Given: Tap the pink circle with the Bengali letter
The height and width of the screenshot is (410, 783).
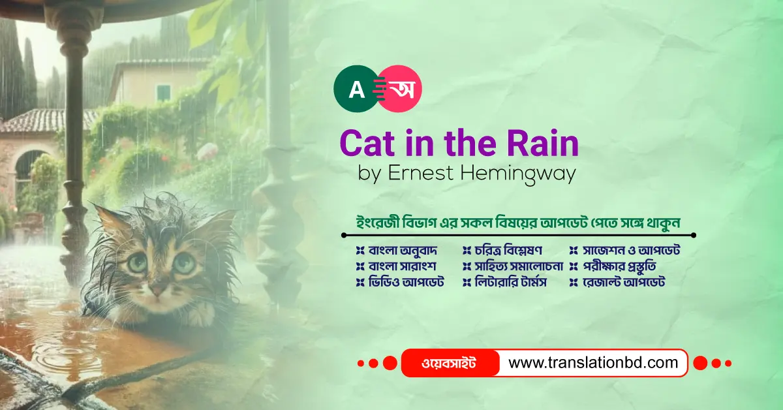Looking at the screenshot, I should click(399, 87).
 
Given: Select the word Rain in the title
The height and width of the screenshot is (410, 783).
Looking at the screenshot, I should click(544, 144).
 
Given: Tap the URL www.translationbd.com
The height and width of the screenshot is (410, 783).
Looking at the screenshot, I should click(593, 363).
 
